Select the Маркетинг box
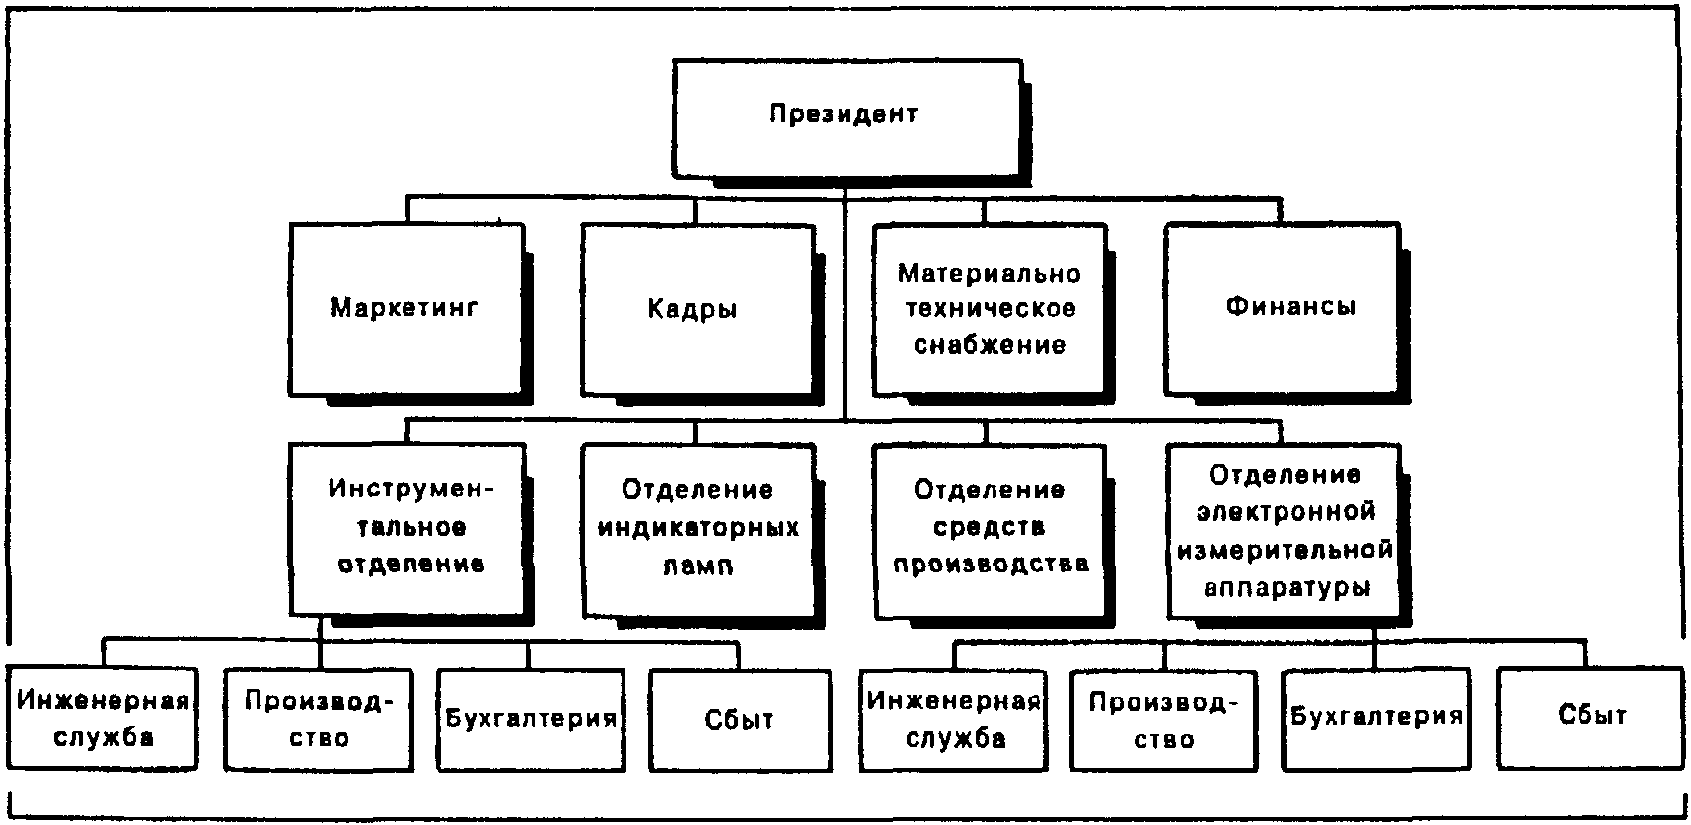(405, 308)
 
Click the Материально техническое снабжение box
(989, 308)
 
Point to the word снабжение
(989, 345)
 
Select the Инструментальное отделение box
(405, 528)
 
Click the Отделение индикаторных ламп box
(698, 528)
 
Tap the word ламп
(698, 566)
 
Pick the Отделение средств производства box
(989, 528)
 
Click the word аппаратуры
(1286, 588)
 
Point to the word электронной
(1286, 512)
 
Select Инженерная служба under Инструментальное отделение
(103, 718)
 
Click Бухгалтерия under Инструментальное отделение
(531, 718)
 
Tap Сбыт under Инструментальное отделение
(740, 718)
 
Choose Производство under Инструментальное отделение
(318, 718)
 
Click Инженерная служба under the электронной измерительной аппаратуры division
(953, 718)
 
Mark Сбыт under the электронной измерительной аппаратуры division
(1589, 716)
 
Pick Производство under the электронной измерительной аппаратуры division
(1164, 718)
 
